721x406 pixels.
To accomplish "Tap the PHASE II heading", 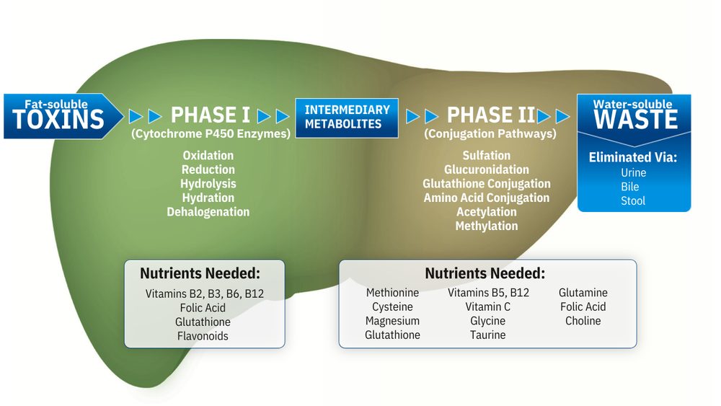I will pyautogui.click(x=491, y=115).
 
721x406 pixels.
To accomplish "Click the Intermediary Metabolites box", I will pyautogui.click(x=347, y=117).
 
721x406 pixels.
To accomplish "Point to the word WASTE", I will pyautogui.click(x=636, y=120).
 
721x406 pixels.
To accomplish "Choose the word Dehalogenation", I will pyautogui.click(x=208, y=212).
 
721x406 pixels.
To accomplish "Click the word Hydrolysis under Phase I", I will pyautogui.click(x=208, y=184).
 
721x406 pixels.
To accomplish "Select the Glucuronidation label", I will pyautogui.click(x=487, y=169).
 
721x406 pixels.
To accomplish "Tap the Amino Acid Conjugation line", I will pyautogui.click(x=487, y=198).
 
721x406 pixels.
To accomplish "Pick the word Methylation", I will pyautogui.click(x=487, y=226).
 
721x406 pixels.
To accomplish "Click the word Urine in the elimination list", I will pyautogui.click(x=634, y=173).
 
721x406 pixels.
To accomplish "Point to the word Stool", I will pyautogui.click(x=634, y=200).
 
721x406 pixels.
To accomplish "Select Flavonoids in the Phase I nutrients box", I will pyautogui.click(x=203, y=335).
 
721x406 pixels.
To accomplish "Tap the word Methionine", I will pyautogui.click(x=392, y=293).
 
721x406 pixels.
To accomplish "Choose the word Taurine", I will pyautogui.click(x=488, y=335).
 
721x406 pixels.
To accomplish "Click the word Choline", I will pyautogui.click(x=583, y=321).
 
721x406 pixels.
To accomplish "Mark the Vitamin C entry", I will pyautogui.click(x=488, y=306).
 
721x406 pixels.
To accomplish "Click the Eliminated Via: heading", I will pyautogui.click(x=633, y=157).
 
